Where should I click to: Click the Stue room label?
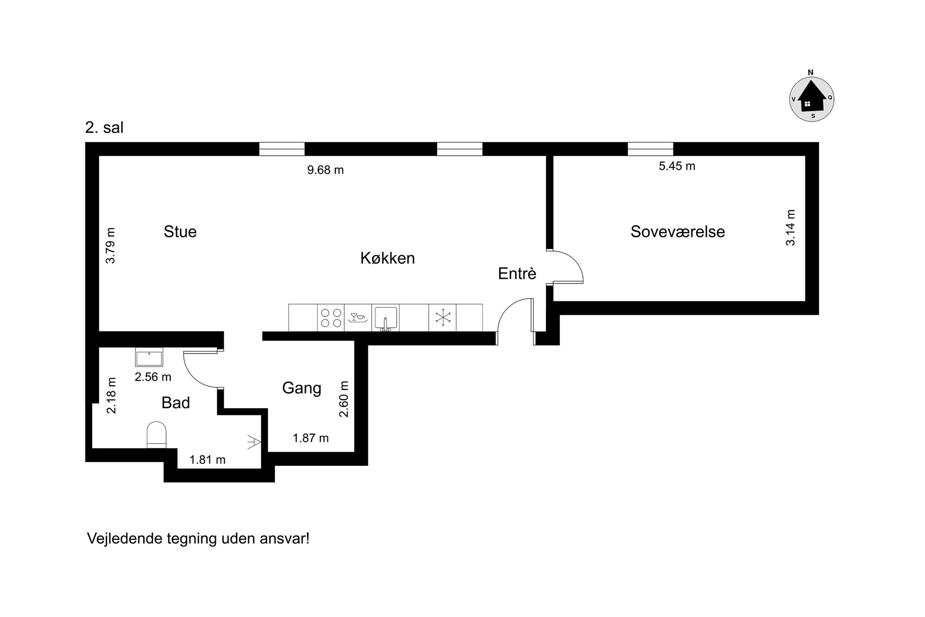(180, 232)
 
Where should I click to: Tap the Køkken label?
(387, 258)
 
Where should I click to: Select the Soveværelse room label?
(677, 232)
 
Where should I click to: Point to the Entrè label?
(517, 273)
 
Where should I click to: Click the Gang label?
(302, 388)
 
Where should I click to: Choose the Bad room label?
(176, 402)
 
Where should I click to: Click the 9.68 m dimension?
(325, 170)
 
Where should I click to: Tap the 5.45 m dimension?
(677, 166)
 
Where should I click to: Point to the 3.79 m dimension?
(110, 246)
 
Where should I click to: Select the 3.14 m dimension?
(791, 228)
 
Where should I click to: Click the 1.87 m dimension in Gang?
(311, 438)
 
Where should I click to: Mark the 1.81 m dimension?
(207, 460)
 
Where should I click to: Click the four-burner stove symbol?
(331, 318)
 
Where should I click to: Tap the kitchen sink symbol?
(386, 318)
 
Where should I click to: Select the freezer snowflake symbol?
(443, 318)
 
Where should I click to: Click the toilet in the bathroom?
(157, 435)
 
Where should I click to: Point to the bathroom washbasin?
(149, 357)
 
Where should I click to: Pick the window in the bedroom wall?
(650, 149)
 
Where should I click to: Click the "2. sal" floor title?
(104, 128)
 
